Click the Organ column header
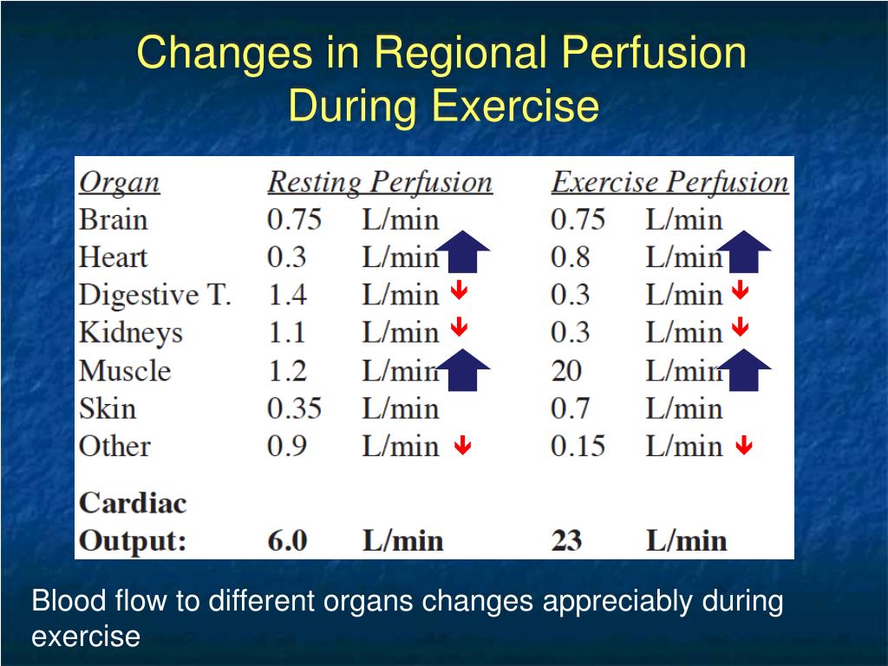point(120,183)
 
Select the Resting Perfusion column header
point(379,183)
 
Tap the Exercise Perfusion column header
point(669,183)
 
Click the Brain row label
point(114,220)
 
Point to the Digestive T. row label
point(155,296)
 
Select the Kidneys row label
point(130,333)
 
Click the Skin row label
point(108,408)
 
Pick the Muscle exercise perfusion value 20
point(567,371)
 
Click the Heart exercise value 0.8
point(570,258)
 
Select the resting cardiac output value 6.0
point(287,541)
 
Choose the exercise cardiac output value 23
point(566,541)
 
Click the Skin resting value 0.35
point(294,408)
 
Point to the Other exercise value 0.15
point(578,447)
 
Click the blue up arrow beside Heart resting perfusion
point(462,253)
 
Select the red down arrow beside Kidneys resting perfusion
point(460,328)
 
